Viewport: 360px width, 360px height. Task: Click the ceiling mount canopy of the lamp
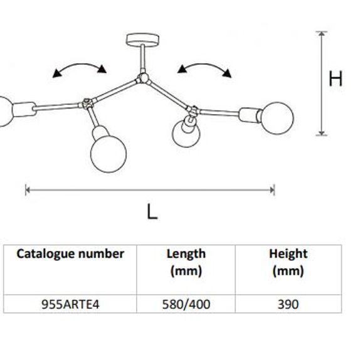coord(142,40)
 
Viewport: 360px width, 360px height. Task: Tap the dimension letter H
coord(336,78)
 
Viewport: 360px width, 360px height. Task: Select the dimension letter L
coord(152,212)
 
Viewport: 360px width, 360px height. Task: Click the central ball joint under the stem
coord(143,78)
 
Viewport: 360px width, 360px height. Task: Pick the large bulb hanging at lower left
coord(109,154)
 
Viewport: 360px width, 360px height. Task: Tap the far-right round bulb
coord(277,118)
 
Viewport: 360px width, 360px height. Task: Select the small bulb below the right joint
coord(186,134)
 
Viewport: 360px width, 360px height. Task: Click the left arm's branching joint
coord(87,103)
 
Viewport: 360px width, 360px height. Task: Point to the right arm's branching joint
coord(193,110)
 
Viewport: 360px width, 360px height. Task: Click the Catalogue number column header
coord(70,254)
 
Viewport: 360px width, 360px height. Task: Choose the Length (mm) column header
coord(186,262)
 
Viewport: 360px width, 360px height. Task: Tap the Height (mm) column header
coord(288,262)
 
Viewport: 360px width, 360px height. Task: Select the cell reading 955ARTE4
coord(70,304)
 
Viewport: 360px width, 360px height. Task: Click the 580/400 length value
coord(186,304)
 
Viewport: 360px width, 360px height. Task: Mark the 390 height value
coord(288,304)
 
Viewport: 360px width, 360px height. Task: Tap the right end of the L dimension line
coord(273,190)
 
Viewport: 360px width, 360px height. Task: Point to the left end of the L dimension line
coord(26,190)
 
